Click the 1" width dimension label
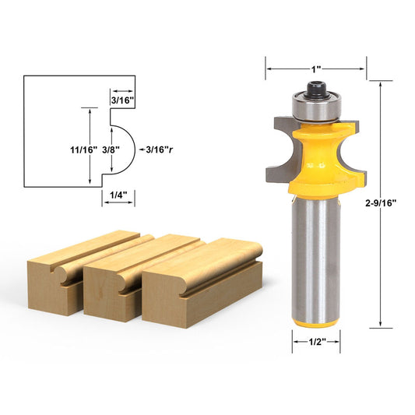(x=315, y=69)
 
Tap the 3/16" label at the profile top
(x=121, y=100)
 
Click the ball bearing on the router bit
(x=316, y=106)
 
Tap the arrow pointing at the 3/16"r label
(x=138, y=146)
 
